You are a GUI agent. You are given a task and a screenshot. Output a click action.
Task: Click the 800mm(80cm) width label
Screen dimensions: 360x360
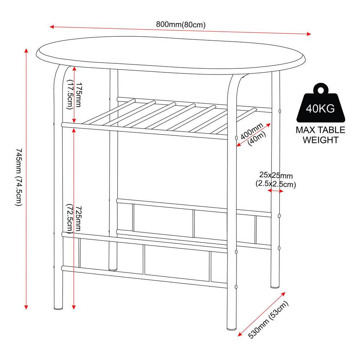(x=181, y=24)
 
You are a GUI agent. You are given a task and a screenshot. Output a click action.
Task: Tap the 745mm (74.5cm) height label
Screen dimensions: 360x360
(x=19, y=177)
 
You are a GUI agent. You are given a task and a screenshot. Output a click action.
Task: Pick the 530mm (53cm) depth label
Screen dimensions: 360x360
(x=268, y=319)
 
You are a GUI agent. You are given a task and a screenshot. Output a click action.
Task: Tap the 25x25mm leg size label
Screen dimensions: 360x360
(x=276, y=180)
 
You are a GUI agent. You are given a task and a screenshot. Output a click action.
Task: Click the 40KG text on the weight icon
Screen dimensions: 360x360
(x=320, y=108)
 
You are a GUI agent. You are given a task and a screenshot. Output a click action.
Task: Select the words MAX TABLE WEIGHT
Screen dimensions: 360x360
(x=320, y=135)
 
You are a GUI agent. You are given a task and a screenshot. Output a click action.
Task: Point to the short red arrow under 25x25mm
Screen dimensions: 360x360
(x=275, y=190)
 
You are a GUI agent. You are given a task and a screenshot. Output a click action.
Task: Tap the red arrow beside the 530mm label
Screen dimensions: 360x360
(x=262, y=314)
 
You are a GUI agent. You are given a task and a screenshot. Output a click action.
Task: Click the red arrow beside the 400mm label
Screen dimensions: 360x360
(x=253, y=135)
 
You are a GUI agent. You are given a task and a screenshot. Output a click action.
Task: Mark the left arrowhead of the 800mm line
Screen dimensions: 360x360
(x=52, y=27)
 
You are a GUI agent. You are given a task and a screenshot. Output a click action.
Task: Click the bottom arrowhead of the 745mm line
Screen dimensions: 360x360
(x=26, y=307)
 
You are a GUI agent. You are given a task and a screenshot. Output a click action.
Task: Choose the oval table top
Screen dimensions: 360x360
(x=171, y=55)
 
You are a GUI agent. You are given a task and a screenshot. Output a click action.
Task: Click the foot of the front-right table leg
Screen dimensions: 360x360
(x=231, y=328)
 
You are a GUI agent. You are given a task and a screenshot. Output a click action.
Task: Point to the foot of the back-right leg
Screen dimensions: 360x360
(x=275, y=286)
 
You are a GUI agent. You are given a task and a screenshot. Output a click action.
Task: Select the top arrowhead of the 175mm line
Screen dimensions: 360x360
(x=74, y=68)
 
